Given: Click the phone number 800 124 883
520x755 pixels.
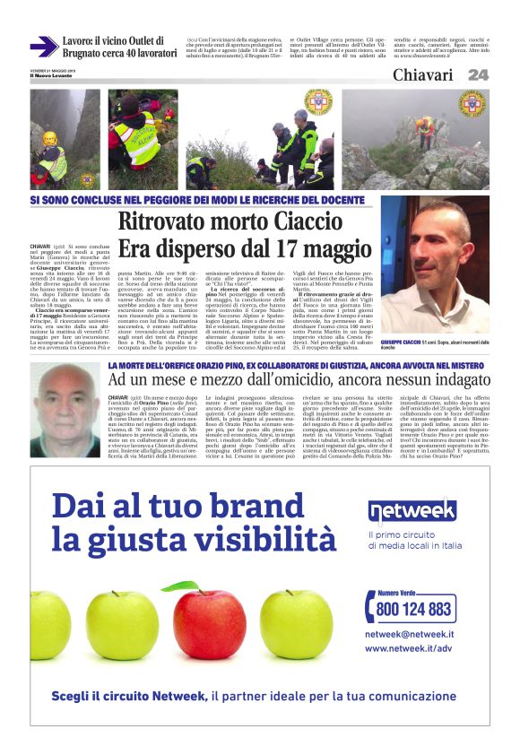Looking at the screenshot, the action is tap(414, 609).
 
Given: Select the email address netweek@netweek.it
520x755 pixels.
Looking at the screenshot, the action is tap(409, 634).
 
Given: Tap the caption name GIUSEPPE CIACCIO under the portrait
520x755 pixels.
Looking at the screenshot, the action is tap(403, 343).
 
